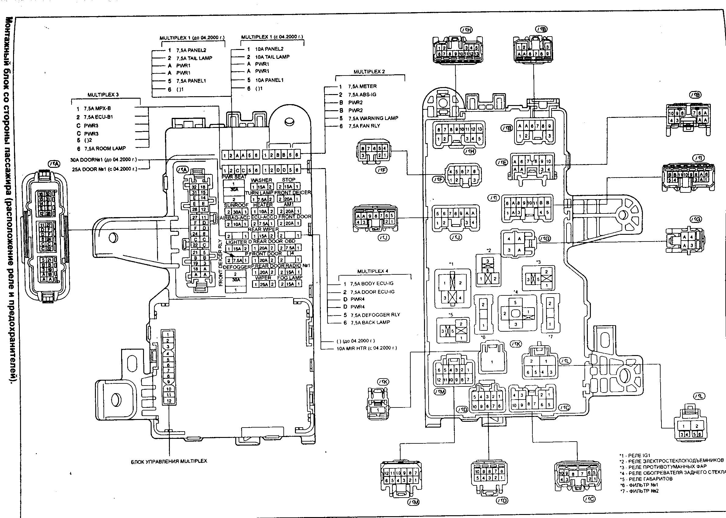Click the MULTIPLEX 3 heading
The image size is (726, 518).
103,95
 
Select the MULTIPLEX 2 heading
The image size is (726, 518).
369,72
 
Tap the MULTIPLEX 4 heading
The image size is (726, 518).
372,271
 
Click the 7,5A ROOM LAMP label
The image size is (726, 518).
105,148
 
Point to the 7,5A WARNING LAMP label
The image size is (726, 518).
373,118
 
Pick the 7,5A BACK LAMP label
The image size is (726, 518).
370,322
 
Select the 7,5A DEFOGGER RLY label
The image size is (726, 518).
375,315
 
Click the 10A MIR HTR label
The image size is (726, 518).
367,348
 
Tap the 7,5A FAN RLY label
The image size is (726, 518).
364,126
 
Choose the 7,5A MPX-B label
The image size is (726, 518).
97,108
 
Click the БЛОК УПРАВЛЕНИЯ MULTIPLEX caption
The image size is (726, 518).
169,461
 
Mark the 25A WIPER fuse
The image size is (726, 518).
263,284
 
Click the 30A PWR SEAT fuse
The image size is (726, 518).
234,189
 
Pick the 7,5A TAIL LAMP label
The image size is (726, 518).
194,58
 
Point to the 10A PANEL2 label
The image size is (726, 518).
269,49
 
